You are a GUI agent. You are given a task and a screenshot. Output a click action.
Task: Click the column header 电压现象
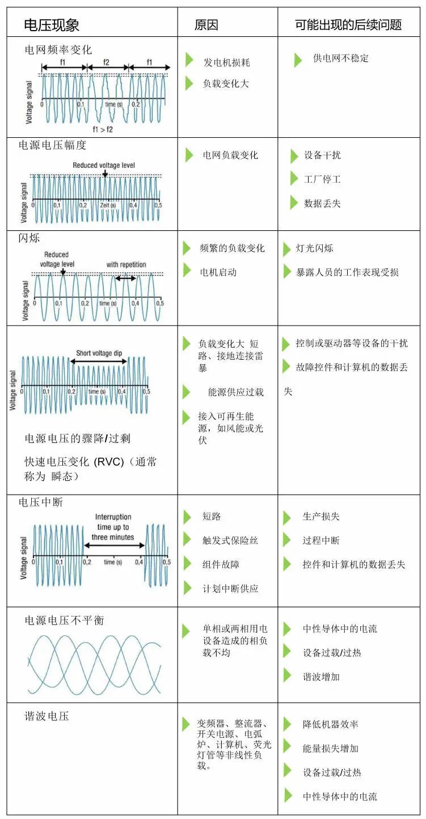tap(52, 25)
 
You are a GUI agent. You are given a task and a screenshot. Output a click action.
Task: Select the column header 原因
tap(206, 25)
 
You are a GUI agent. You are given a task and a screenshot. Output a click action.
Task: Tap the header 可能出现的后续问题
tap(348, 25)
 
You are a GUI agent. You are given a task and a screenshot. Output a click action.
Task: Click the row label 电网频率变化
tap(58, 50)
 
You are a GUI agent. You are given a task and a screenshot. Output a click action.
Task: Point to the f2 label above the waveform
tap(106, 62)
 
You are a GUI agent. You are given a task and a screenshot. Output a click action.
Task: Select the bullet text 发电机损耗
tap(226, 62)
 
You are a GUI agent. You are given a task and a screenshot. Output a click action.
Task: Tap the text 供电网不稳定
tap(340, 58)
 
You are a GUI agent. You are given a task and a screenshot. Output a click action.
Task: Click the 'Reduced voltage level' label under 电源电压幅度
tap(104, 166)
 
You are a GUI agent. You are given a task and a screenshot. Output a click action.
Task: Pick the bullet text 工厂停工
tap(322, 179)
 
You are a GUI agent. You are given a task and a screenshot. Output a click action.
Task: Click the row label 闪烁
tap(29, 238)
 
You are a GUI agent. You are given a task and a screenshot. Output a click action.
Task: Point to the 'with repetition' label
tap(126, 265)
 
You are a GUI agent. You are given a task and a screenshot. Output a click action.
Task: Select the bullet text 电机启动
tap(218, 272)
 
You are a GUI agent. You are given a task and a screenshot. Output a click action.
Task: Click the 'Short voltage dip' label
tap(99, 353)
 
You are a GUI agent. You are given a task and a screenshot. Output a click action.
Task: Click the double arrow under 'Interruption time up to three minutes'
tap(114, 546)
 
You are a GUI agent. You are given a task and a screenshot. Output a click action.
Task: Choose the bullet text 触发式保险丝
tap(230, 541)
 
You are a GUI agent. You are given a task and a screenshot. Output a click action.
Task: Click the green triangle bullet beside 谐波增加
tap(288, 676)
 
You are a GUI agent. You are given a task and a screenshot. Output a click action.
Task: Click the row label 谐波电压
tap(47, 716)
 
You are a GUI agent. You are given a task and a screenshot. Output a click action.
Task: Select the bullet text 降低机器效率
tap(330, 724)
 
